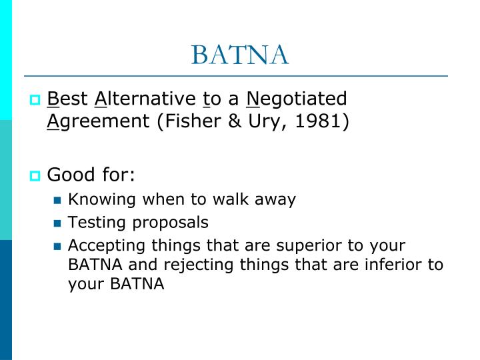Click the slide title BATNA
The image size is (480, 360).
240,55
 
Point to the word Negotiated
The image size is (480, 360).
297,99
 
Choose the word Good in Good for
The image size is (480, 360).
69,175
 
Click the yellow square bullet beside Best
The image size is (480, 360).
35,101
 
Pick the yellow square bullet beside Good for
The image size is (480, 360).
35,176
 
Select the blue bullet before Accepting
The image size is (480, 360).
57,246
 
